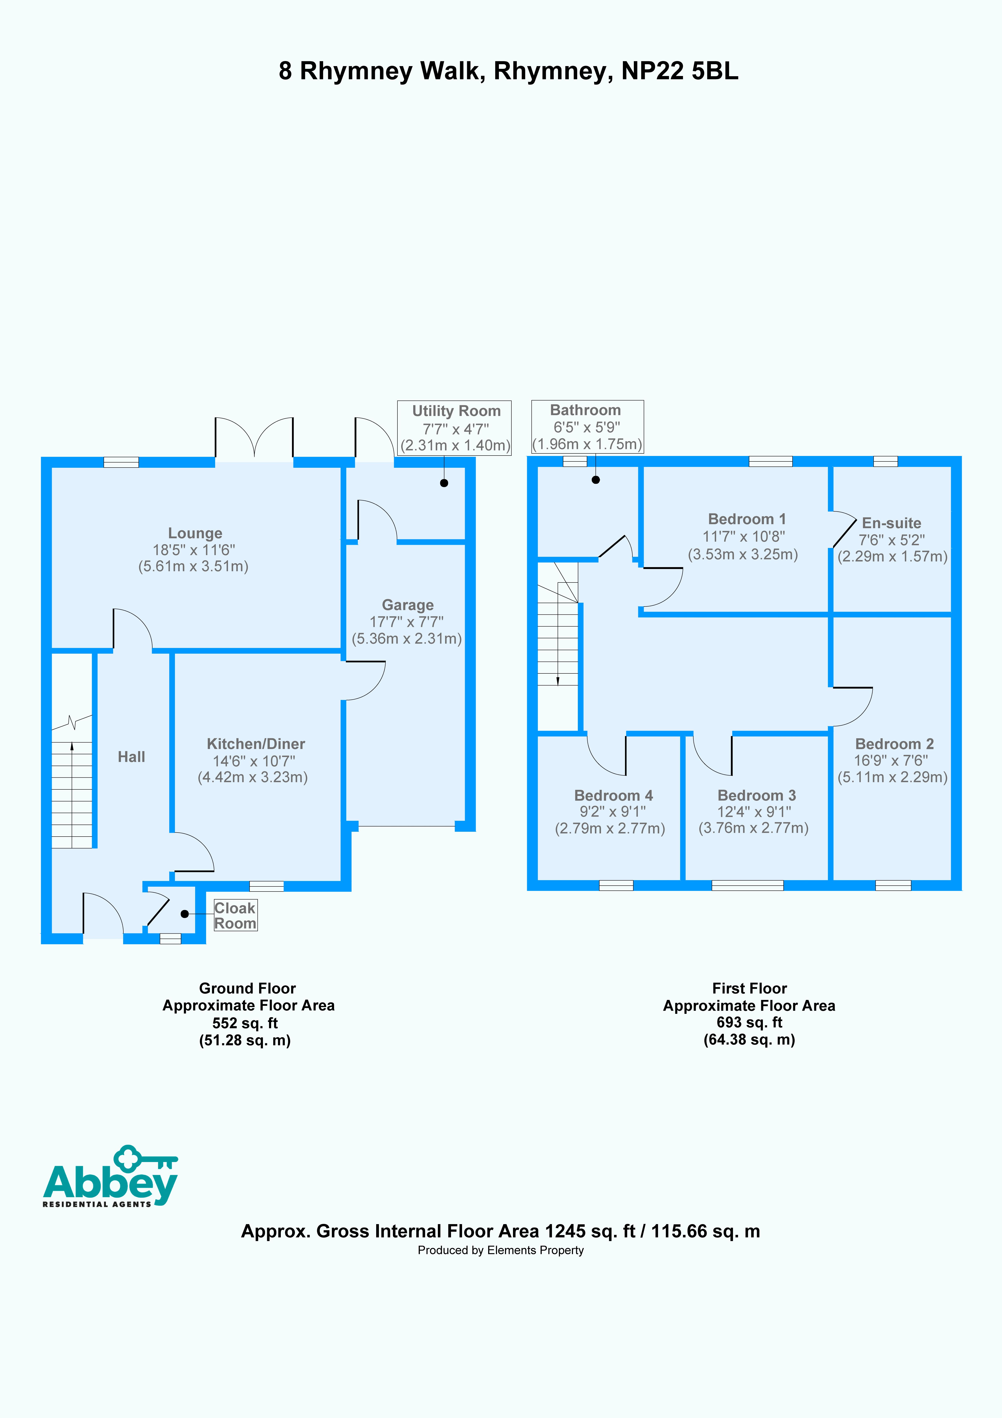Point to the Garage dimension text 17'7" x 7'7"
[x=406, y=622]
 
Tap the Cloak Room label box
[x=235, y=915]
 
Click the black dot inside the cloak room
[x=184, y=913]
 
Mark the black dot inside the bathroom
[x=596, y=480]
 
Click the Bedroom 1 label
[x=746, y=519]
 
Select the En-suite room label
[x=891, y=523]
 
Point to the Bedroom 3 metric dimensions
[x=753, y=828]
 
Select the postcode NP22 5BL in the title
[x=680, y=71]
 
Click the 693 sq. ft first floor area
[x=749, y=1022]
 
